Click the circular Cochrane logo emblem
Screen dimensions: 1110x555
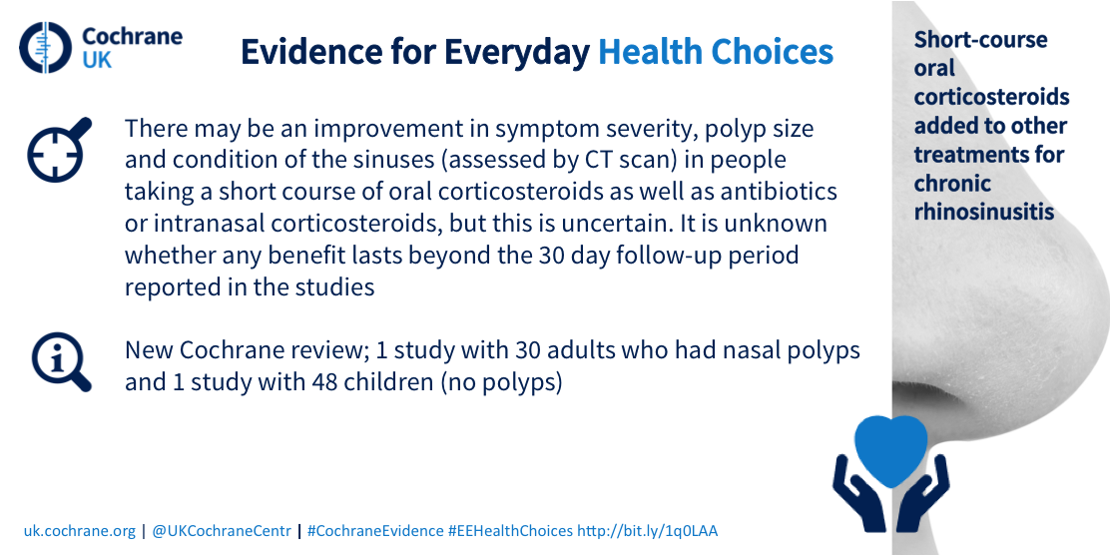46,48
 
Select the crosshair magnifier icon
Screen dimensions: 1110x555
60,150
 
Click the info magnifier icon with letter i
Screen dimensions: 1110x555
61,361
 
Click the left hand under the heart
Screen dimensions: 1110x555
858,493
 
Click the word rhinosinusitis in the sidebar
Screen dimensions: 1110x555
984,212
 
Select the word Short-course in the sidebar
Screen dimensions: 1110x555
980,39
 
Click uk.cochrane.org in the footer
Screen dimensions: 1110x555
79,531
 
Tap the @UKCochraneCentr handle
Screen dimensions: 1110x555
222,531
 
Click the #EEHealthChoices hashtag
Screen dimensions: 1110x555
510,531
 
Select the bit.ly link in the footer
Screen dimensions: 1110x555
648,531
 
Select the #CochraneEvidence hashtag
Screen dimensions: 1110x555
376,531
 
